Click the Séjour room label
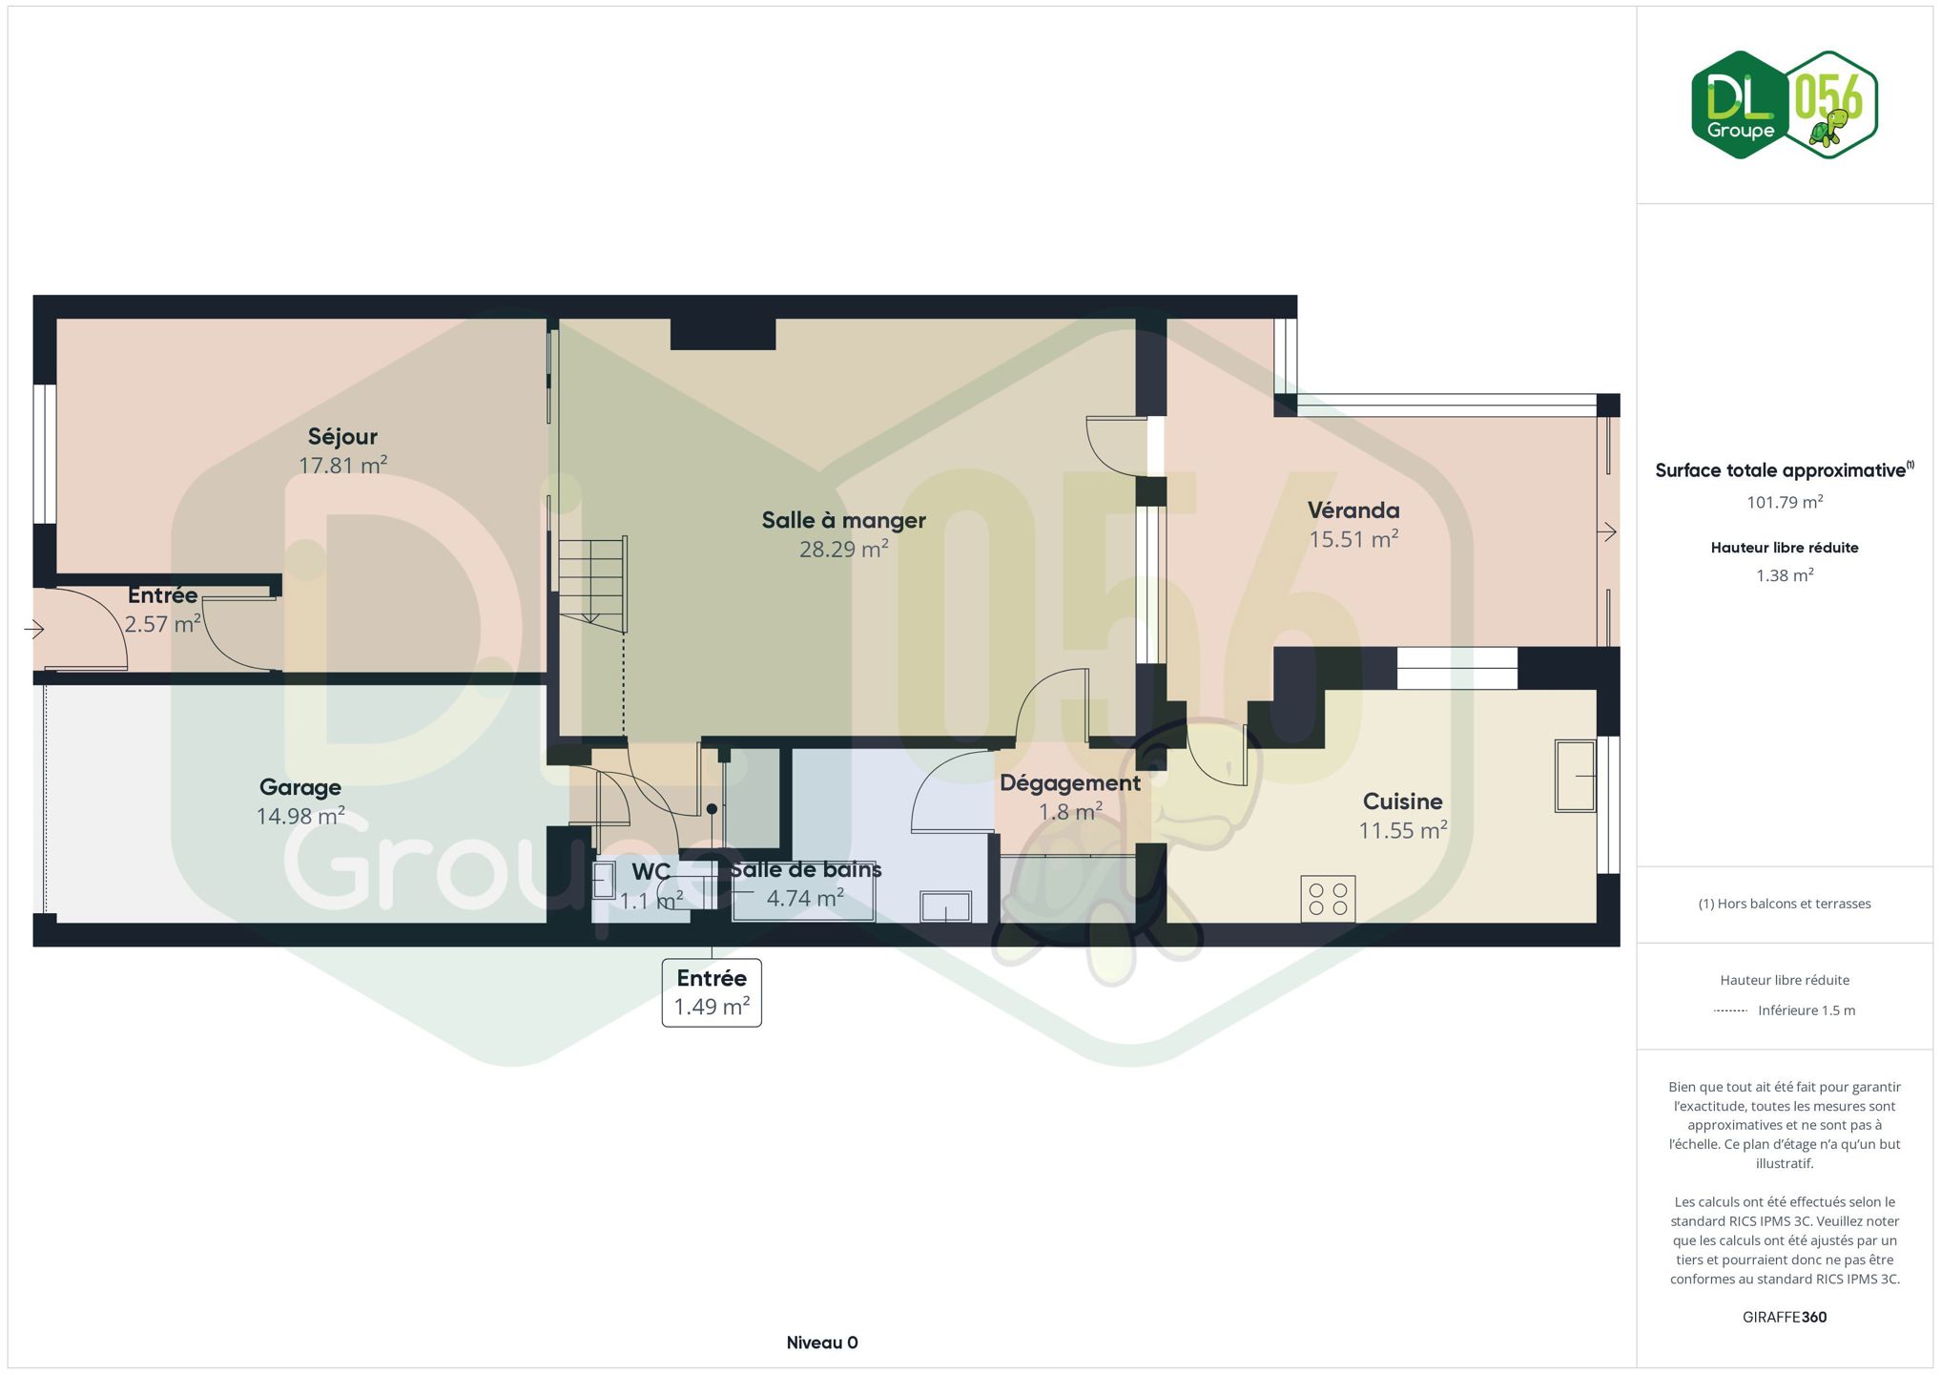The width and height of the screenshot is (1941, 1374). [x=342, y=437]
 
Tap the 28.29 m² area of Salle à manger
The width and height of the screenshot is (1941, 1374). [x=843, y=550]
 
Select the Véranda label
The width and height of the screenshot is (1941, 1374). [x=1353, y=510]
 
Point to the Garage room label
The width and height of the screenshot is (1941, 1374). [x=300, y=788]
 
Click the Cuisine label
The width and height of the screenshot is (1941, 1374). [x=1402, y=801]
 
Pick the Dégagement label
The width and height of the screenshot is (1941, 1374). [x=1070, y=783]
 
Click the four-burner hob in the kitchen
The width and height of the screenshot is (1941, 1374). [x=1328, y=899]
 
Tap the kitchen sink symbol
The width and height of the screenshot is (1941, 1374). [x=1575, y=776]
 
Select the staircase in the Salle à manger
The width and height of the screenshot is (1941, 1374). [x=592, y=584]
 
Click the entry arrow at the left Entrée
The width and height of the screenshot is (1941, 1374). [x=34, y=629]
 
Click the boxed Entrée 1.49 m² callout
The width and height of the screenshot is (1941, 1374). [x=712, y=992]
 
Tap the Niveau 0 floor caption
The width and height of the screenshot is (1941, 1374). [x=822, y=1343]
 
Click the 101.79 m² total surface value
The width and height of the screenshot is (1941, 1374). [x=1785, y=502]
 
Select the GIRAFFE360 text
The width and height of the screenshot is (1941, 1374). [x=1785, y=1317]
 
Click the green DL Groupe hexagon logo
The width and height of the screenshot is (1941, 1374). [x=1740, y=105]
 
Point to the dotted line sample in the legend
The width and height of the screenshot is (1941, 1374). [x=1730, y=1010]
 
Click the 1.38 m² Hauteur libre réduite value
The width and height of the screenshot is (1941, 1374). [x=1785, y=575]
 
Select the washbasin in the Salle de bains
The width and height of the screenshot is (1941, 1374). [x=945, y=906]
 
